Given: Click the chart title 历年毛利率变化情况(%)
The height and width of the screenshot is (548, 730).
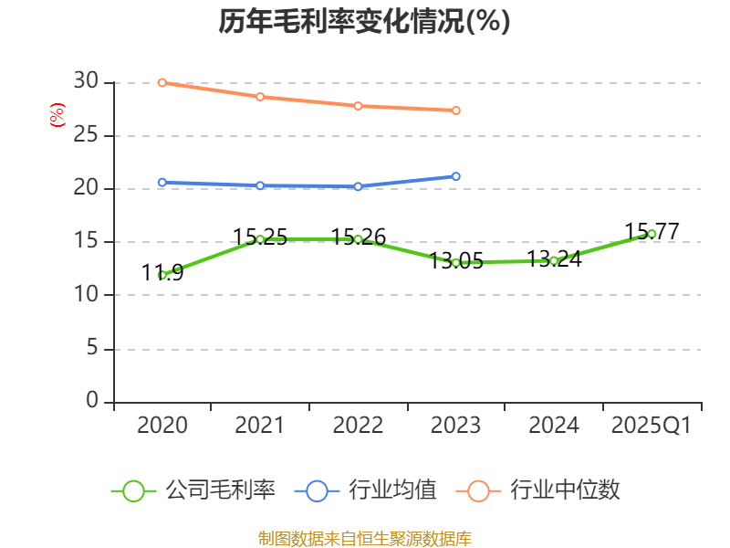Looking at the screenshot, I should pyautogui.click(x=364, y=21).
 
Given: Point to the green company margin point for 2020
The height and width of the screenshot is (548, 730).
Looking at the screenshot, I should pyautogui.click(x=162, y=275).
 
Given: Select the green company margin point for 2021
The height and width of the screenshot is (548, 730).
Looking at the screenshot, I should pyautogui.click(x=260, y=239).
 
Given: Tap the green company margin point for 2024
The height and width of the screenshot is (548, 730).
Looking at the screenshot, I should pyautogui.click(x=554, y=260).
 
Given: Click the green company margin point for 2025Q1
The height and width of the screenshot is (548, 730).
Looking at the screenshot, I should pyautogui.click(x=652, y=234).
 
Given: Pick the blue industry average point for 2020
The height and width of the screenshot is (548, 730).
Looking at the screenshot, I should pyautogui.click(x=162, y=183).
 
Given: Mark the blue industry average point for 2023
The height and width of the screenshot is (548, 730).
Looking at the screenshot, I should pyautogui.click(x=456, y=176).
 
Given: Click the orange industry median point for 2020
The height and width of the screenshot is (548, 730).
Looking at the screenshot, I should pyautogui.click(x=162, y=82).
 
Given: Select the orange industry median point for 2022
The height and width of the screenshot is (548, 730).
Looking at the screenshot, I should pyautogui.click(x=358, y=106).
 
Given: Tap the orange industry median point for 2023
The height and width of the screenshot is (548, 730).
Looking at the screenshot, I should pyautogui.click(x=456, y=111).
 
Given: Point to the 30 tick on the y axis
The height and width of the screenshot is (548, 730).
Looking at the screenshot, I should pyautogui.click(x=86, y=82).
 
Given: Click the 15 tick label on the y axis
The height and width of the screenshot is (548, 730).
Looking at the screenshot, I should pyautogui.click(x=86, y=242).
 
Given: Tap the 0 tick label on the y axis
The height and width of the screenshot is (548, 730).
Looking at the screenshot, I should pyautogui.click(x=91, y=401).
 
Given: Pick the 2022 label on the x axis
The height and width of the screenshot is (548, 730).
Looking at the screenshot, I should pyautogui.click(x=358, y=426).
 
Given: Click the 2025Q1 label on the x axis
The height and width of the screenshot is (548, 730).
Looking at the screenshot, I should pyautogui.click(x=652, y=426).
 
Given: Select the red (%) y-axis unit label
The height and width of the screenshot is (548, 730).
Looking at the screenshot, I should pyautogui.click(x=57, y=116).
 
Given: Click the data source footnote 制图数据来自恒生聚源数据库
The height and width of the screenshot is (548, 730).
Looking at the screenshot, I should pyautogui.click(x=364, y=538).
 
